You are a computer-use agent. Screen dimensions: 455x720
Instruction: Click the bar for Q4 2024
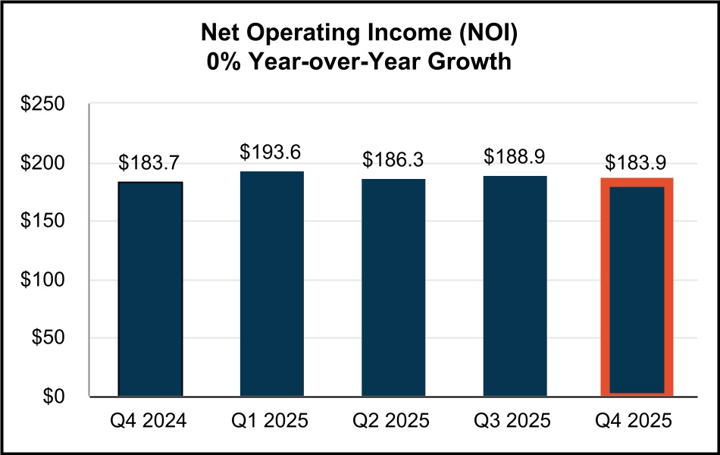point(150,289)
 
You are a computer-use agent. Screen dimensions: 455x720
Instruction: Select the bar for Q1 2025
point(271,284)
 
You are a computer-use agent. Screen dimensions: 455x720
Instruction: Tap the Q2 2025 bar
point(393,287)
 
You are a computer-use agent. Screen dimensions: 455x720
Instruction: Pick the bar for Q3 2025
point(515,286)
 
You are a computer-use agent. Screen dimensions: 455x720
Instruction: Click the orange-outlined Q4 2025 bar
point(637,287)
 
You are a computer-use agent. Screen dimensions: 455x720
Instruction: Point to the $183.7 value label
point(150,163)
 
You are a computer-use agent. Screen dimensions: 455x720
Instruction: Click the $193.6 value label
point(271,152)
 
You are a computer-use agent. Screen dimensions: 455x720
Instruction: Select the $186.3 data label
point(393,160)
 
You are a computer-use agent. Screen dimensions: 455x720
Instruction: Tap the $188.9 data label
point(515,157)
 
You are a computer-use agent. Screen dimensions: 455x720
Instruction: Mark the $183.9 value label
point(637,162)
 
